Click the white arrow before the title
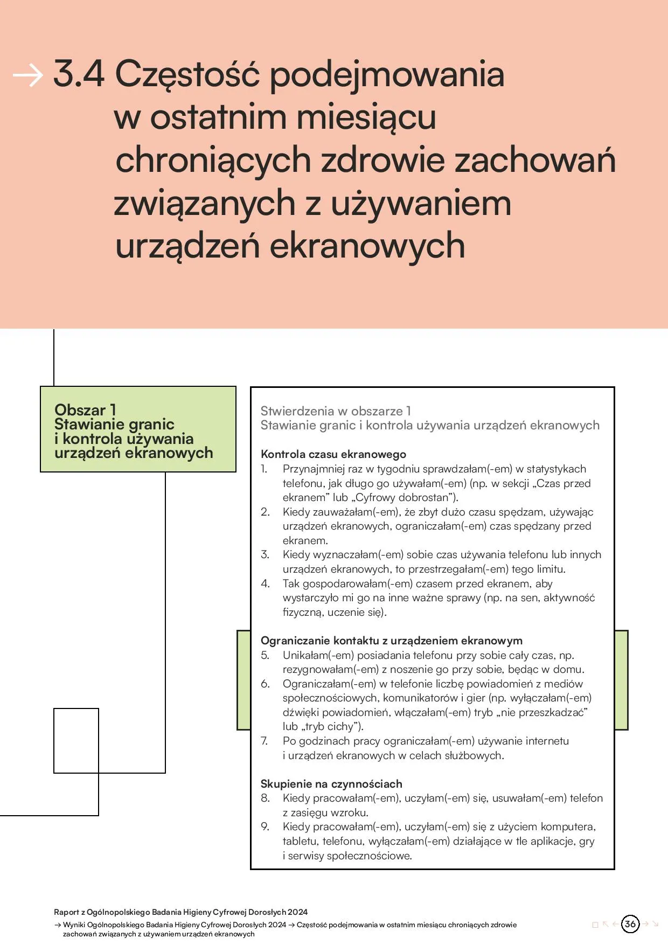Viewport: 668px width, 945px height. click(x=27, y=75)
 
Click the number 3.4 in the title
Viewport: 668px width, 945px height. click(x=79, y=74)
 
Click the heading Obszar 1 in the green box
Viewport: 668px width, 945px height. click(x=85, y=409)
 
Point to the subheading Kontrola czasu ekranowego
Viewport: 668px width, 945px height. click(x=333, y=454)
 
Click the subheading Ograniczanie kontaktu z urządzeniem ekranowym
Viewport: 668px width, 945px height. click(x=391, y=641)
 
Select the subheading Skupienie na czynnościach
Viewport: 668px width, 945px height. click(x=331, y=784)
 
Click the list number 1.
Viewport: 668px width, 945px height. click(x=264, y=469)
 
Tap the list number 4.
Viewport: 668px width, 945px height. click(x=265, y=583)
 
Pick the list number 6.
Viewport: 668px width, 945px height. click(x=265, y=684)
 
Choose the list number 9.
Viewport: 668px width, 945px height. click(x=265, y=826)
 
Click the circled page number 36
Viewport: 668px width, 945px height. click(x=630, y=923)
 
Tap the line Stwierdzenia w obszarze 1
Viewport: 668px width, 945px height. click(x=336, y=411)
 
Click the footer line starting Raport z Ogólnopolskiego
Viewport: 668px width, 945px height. click(x=180, y=912)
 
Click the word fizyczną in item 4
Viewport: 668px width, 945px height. click(x=303, y=612)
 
